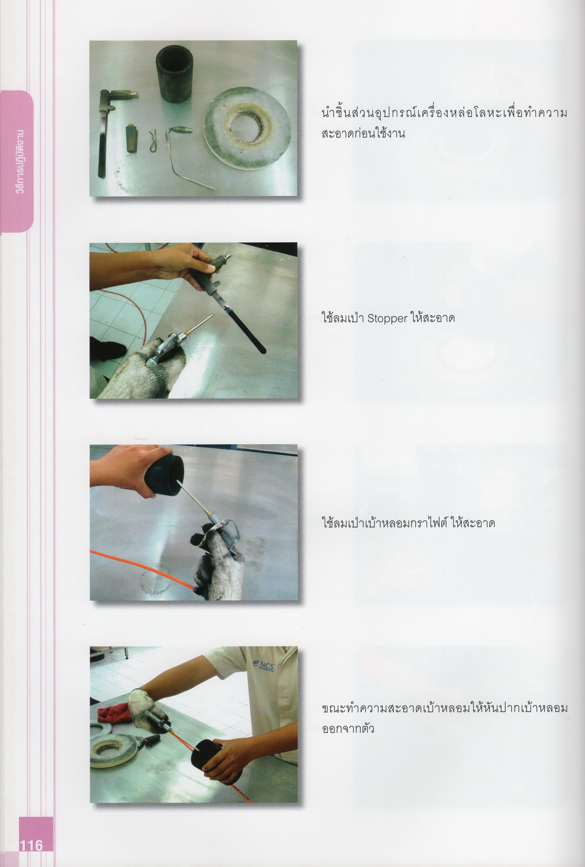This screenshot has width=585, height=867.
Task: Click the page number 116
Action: click(x=31, y=845)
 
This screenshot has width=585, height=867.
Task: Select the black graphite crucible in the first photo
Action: click(x=174, y=74)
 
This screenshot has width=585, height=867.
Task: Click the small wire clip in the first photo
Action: click(x=153, y=140)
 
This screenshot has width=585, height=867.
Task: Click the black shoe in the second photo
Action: click(x=106, y=347)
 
